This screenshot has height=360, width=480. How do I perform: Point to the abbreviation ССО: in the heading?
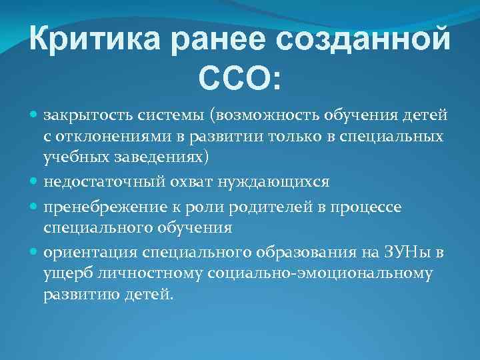coord(240,81)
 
